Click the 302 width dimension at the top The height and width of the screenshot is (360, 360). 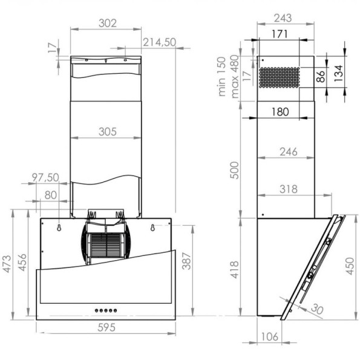coord(107,23)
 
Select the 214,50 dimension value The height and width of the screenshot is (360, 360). coord(159,42)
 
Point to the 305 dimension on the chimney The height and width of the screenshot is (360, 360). coord(106,132)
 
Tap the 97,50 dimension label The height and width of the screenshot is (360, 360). coord(45,177)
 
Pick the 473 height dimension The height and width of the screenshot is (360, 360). coord(7,264)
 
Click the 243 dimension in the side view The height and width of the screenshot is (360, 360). coord(282,18)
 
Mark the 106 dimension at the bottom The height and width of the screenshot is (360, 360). coord(269,336)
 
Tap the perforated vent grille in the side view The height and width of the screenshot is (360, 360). coord(279,77)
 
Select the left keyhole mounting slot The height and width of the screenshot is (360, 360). coord(59,227)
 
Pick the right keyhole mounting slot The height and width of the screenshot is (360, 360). coord(152,227)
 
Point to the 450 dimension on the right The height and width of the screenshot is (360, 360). coord(349,264)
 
